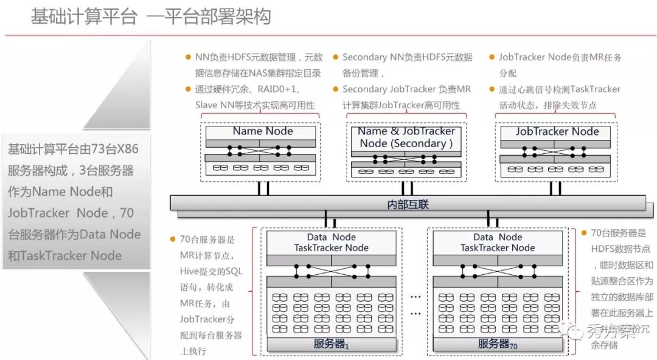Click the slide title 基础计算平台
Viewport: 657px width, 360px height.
[x=84, y=16]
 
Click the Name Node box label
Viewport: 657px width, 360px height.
[x=263, y=131]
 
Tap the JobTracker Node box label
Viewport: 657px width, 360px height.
[x=557, y=131]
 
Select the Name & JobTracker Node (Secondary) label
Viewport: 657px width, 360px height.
[x=406, y=137]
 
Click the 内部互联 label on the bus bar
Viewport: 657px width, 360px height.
[x=408, y=204]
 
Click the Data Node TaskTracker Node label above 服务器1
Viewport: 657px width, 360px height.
[x=331, y=242]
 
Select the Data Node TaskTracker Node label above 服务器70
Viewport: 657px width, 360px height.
[x=497, y=242]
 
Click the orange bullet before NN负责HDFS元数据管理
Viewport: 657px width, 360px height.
[x=188, y=57]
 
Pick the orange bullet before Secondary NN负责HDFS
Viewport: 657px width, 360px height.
[x=335, y=57]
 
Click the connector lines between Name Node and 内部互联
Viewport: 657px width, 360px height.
[x=263, y=188]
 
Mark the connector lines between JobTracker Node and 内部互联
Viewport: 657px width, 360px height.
[x=557, y=188]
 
